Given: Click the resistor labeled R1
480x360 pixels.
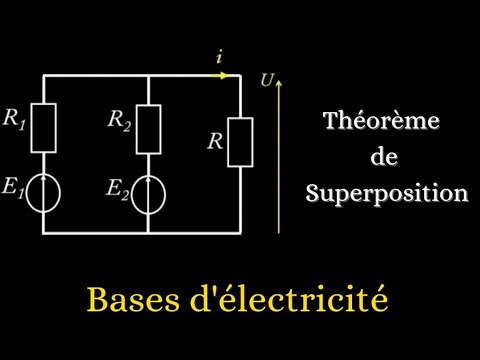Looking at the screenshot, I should click(46, 125).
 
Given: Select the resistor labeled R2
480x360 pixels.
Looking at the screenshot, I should click(148, 125).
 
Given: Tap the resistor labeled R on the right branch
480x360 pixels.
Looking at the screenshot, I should click(241, 141).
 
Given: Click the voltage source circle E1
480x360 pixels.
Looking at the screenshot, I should click(46, 194).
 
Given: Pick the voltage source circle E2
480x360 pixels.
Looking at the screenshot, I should click(148, 194).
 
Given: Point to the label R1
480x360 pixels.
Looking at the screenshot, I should click(15, 122).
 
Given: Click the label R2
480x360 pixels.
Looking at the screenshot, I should click(118, 122).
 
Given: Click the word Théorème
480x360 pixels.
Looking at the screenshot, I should click(394, 123).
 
